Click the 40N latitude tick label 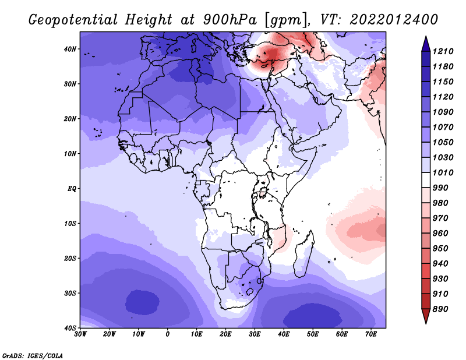tap(70, 49)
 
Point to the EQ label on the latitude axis tap(72, 189)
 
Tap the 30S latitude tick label tap(70, 294)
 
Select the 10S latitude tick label tap(70, 224)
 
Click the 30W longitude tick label tap(80, 334)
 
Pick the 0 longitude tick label tap(168, 334)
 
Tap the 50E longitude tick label tap(313, 334)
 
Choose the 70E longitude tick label tap(371, 334)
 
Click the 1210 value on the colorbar tap(443, 51)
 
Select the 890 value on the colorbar tap(440, 309)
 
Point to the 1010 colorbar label tap(443, 172)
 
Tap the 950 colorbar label tap(440, 249)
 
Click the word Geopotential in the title tap(73, 20)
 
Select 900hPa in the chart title tap(230, 20)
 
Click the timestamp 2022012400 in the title tap(394, 20)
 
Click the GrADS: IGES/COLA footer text tap(33, 356)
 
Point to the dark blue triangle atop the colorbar tap(426, 44)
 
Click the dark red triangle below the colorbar tap(426, 316)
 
